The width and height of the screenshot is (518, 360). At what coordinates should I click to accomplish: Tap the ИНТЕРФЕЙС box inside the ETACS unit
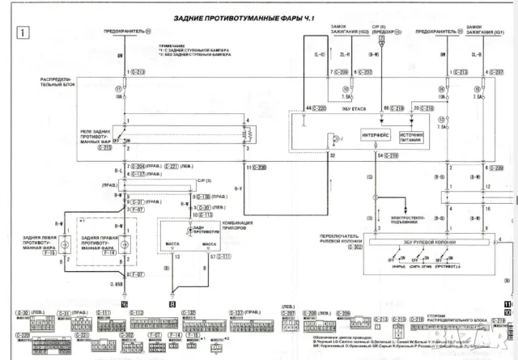coord(377,136)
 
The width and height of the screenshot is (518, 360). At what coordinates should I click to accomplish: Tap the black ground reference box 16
coord(124,304)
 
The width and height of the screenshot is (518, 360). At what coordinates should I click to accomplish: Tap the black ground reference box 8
coord(172,304)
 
